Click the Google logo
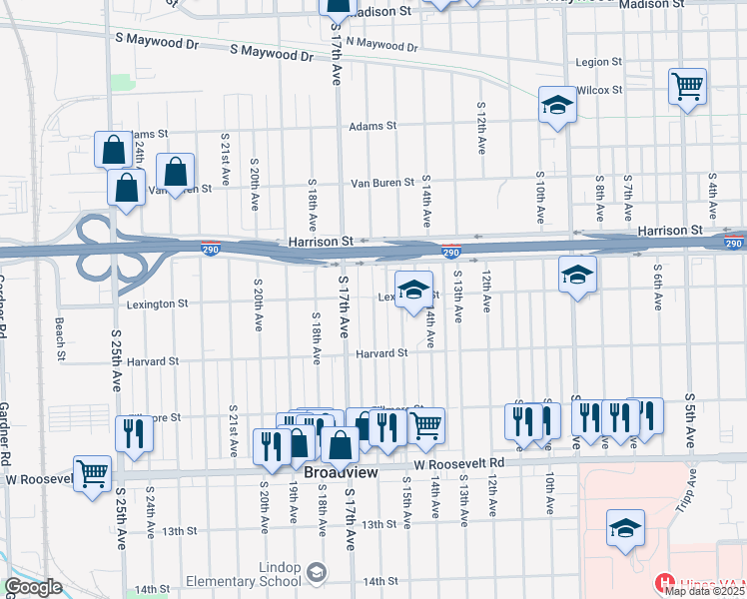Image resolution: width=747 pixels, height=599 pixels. (33, 587)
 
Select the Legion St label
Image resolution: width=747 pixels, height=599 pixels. (599, 62)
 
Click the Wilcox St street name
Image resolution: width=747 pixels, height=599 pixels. (600, 90)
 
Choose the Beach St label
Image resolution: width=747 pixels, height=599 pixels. (60, 338)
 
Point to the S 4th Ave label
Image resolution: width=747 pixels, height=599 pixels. (712, 196)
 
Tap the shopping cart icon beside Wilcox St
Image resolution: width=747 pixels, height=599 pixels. (688, 86)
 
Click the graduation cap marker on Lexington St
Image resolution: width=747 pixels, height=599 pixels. (413, 290)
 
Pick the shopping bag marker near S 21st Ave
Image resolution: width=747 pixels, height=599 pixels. (175, 172)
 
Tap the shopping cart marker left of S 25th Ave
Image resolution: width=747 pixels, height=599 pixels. (92, 472)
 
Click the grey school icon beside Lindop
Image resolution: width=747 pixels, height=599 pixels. (317, 573)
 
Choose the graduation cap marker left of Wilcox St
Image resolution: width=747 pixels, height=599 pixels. (557, 104)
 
